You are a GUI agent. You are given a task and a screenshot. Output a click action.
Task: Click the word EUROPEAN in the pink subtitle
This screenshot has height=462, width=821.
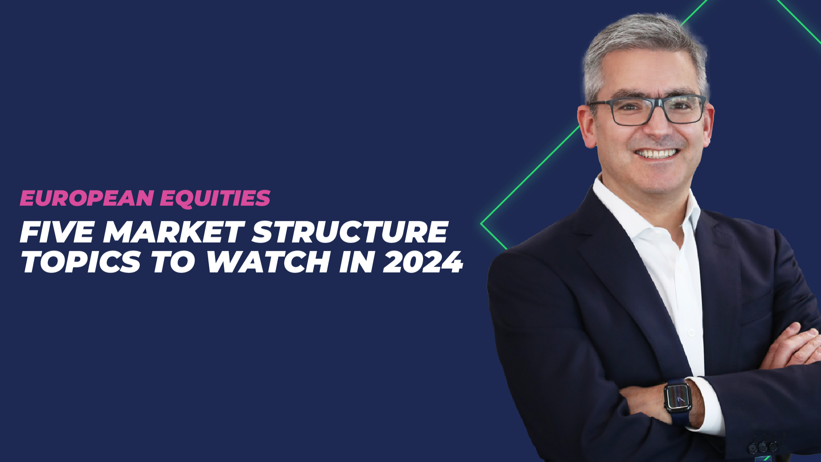(87, 198)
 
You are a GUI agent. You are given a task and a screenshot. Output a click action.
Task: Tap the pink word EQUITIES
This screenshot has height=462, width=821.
(215, 198)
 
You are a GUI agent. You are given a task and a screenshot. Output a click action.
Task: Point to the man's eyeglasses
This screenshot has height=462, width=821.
(647, 110)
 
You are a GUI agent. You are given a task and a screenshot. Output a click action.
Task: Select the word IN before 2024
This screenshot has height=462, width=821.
(356, 262)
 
